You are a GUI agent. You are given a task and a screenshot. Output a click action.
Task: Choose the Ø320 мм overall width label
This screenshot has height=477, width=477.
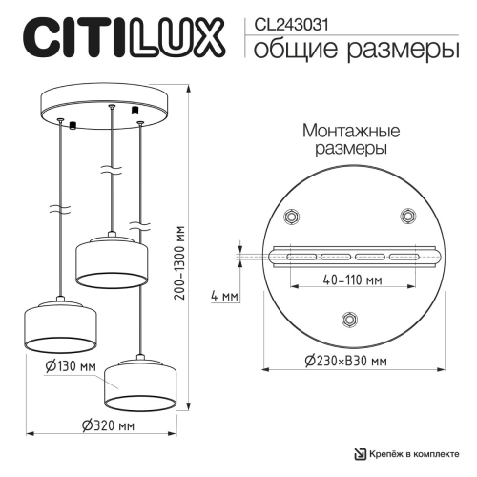coord(108,425)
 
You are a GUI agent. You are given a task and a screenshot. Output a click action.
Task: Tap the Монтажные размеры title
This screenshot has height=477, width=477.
coord(350,140)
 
